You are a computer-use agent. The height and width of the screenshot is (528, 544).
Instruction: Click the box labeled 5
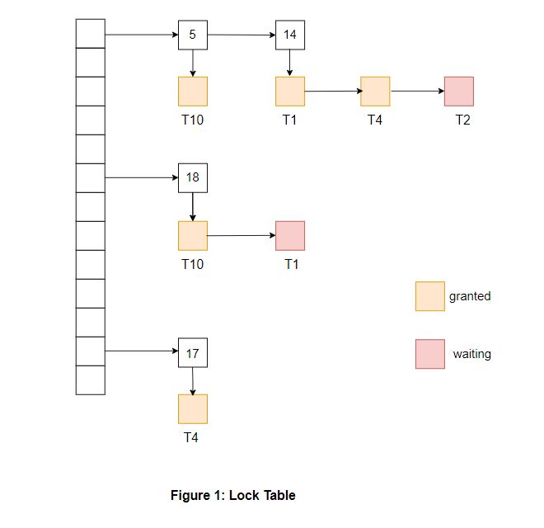(193, 35)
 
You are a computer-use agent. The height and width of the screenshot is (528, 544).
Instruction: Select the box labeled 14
(290, 35)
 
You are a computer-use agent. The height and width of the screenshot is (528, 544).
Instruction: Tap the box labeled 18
(193, 177)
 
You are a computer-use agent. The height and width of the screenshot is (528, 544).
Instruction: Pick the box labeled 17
(193, 352)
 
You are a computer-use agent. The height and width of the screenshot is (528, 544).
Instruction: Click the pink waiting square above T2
(459, 91)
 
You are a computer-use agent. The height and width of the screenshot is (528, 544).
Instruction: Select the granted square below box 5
(193, 91)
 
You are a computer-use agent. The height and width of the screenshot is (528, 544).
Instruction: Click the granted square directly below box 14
(290, 91)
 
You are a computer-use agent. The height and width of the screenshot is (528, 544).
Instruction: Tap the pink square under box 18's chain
(290, 235)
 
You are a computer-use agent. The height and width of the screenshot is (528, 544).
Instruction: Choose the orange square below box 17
(193, 408)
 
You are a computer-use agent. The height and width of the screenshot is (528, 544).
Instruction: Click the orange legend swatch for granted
(429, 296)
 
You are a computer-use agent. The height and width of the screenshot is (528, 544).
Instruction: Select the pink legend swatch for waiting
(429, 354)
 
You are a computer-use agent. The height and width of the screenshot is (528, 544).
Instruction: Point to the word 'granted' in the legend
(470, 296)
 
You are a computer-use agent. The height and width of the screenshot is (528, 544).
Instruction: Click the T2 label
(463, 120)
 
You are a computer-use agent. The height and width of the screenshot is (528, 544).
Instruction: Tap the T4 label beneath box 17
(191, 437)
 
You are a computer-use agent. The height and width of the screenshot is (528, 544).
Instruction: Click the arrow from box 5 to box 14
(241, 35)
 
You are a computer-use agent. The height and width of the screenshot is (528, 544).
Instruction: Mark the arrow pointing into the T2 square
(417, 91)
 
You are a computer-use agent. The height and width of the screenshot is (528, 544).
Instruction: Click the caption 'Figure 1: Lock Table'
(232, 495)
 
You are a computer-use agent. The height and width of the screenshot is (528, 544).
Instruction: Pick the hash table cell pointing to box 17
(90, 351)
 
